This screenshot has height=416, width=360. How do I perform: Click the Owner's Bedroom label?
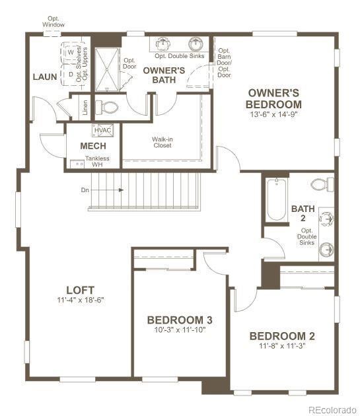point(273,99)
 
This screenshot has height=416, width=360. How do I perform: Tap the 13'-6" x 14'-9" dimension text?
point(273,114)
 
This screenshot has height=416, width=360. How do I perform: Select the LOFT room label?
point(80,290)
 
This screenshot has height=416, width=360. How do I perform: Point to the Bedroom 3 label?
point(179,320)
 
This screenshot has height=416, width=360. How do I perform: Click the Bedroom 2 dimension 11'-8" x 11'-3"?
point(277,345)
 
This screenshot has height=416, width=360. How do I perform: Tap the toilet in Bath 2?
point(322,184)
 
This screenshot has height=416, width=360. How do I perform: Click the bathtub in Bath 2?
point(275,199)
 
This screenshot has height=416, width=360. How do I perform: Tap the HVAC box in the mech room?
point(103,130)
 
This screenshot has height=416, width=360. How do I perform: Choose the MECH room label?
point(93,146)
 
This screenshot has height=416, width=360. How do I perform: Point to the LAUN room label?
point(44,77)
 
